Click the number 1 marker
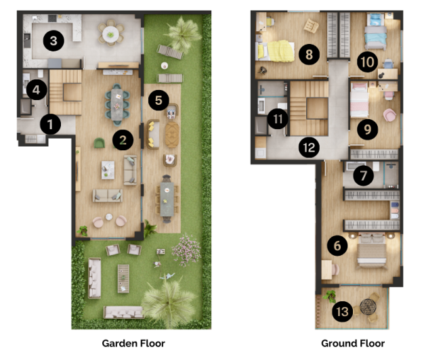pyautogui.click(x=49, y=124)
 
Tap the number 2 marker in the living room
pyautogui.click(x=123, y=140)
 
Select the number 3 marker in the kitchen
pyautogui.click(x=54, y=41)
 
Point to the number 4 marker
pyautogui.click(x=36, y=88)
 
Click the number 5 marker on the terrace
pyautogui.click(x=158, y=100)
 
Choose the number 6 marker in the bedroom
pyautogui.click(x=337, y=246)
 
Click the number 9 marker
pyautogui.click(x=367, y=129)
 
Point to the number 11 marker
pyautogui.click(x=278, y=118)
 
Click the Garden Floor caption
pyautogui.click(x=133, y=343)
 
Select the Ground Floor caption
pyautogui.click(x=352, y=343)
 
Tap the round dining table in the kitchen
pyautogui.click(x=110, y=31)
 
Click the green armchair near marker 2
pyautogui.click(x=99, y=142)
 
